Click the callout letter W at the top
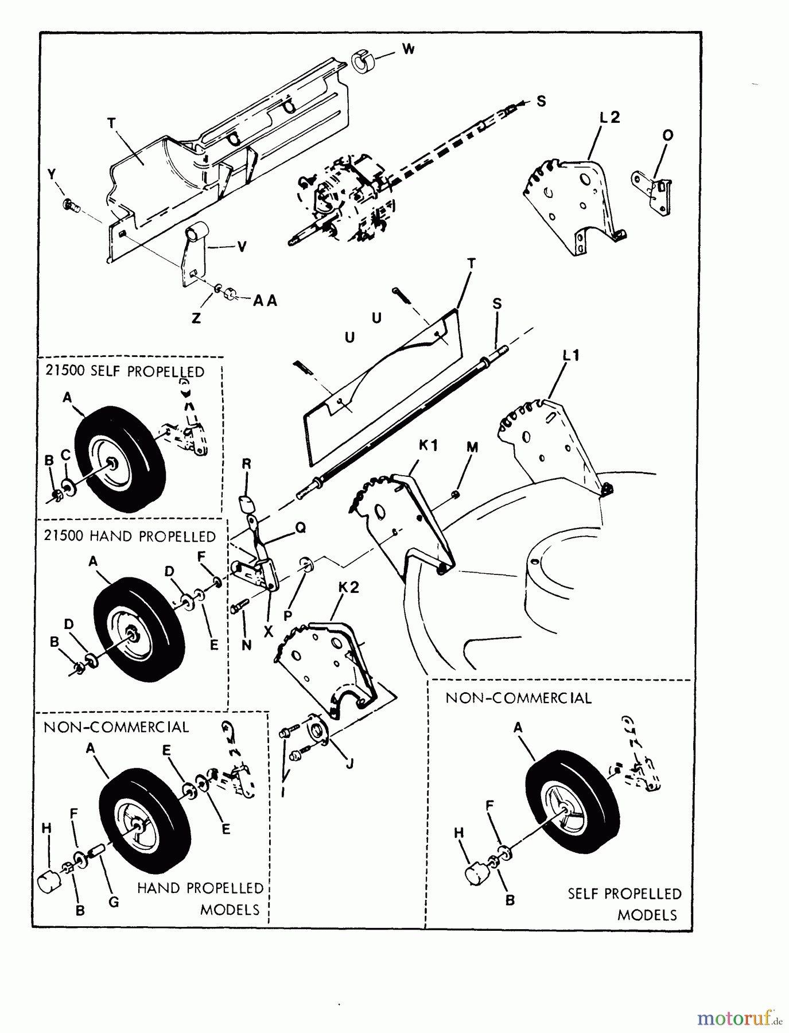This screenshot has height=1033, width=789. [x=408, y=49]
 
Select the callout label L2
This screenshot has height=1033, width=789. [x=609, y=118]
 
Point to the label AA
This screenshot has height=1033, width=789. [x=265, y=301]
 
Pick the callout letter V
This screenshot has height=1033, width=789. [x=242, y=247]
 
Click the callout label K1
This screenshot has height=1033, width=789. [x=429, y=445]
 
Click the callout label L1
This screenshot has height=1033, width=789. [x=570, y=356]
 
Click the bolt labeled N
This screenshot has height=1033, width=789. [x=239, y=606]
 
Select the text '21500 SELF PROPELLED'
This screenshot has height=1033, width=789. [x=125, y=371]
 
